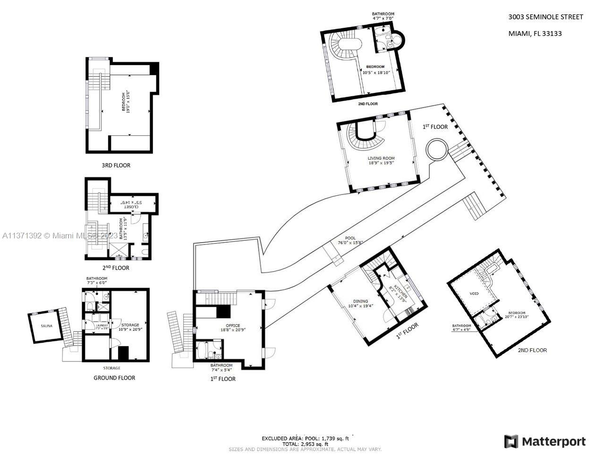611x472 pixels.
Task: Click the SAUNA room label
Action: click(x=46, y=326)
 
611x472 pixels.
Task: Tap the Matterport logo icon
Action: click(x=511, y=441)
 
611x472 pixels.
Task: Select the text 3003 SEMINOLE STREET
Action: click(x=545, y=17)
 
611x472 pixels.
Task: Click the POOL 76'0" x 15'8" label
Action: click(x=350, y=241)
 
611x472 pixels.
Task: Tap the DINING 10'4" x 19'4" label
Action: click(x=361, y=303)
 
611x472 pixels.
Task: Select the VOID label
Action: click(x=474, y=294)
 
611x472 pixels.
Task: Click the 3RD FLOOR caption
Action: click(x=116, y=166)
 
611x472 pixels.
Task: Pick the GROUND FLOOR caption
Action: click(x=114, y=378)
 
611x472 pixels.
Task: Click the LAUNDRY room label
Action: click(x=102, y=326)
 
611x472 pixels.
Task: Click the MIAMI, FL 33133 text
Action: click(x=535, y=34)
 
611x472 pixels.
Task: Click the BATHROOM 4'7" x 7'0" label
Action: click(x=383, y=16)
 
